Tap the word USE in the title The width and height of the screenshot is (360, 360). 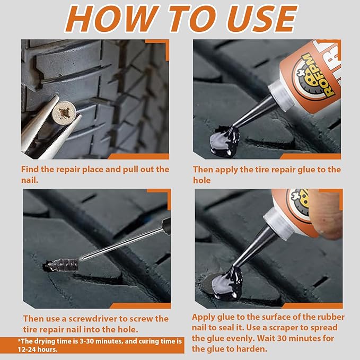[254, 19]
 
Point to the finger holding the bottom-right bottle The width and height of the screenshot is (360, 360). [329, 212]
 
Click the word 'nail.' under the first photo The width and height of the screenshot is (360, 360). [31, 180]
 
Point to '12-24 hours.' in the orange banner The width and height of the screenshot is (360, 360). [40, 350]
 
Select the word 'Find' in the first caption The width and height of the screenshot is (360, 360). [31, 169]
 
